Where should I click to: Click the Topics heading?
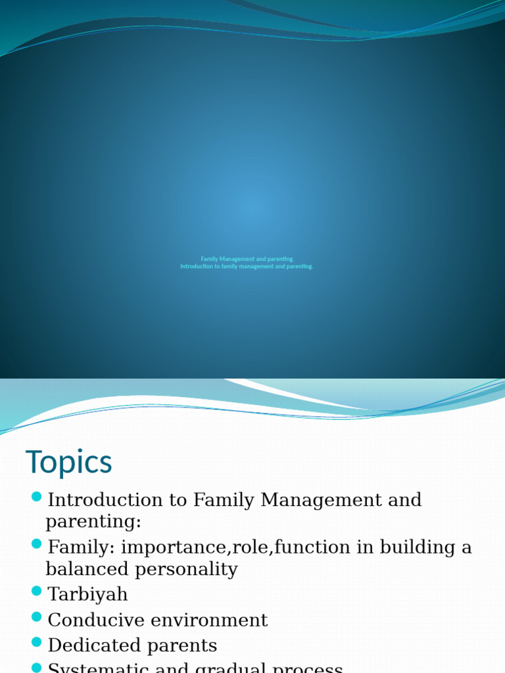tap(69, 463)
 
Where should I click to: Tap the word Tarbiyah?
tap(88, 595)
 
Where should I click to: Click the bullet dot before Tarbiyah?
tap(36, 592)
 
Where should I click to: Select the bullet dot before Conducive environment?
tap(36, 616)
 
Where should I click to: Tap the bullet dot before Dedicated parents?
tap(36, 642)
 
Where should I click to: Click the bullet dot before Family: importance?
tap(36, 544)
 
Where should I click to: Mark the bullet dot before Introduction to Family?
tap(36, 496)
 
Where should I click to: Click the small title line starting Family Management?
tap(247, 259)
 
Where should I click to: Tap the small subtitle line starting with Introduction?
tap(247, 267)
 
